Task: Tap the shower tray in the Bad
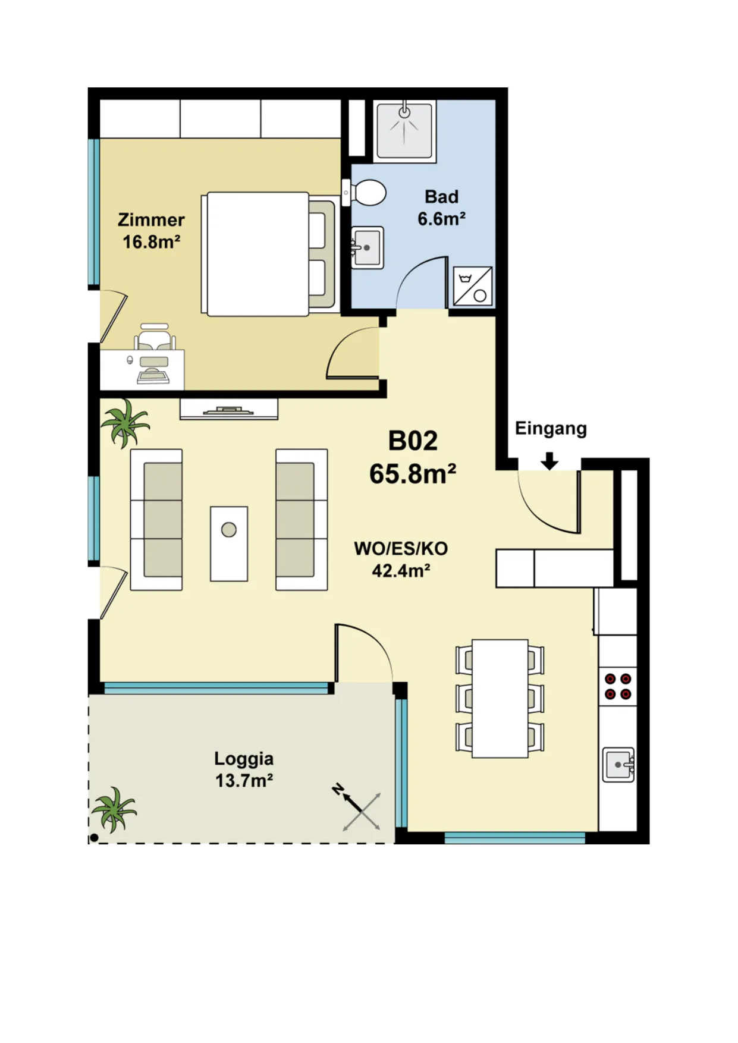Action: pyautogui.click(x=404, y=130)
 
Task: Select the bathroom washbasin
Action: pyautogui.click(x=367, y=247)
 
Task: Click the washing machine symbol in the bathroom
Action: pyautogui.click(x=473, y=287)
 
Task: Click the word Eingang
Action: pyautogui.click(x=551, y=429)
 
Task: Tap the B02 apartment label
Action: pyautogui.click(x=413, y=441)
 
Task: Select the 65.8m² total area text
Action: pyautogui.click(x=413, y=474)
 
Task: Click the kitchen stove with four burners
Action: pyautogui.click(x=618, y=687)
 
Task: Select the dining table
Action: pyautogui.click(x=500, y=699)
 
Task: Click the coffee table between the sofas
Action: pyautogui.click(x=229, y=544)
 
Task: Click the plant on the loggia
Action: pyautogui.click(x=114, y=810)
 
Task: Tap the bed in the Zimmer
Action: pyautogui.click(x=269, y=254)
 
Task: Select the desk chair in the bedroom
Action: pyautogui.click(x=155, y=337)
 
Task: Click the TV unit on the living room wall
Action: pyautogui.click(x=229, y=409)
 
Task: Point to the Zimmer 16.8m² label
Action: pyautogui.click(x=151, y=231)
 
